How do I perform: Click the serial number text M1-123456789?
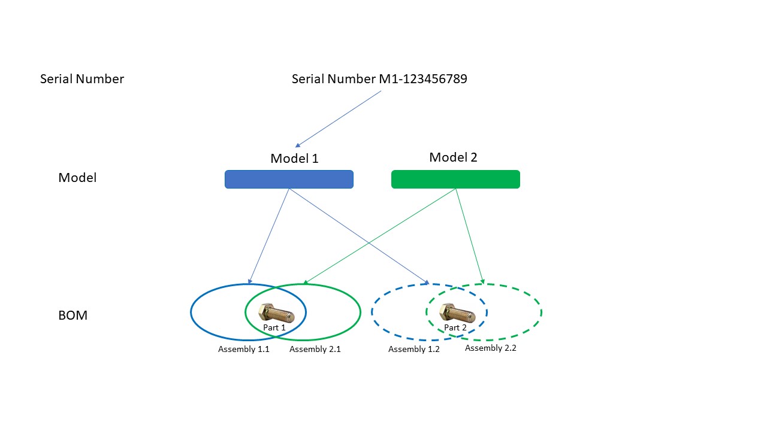[379, 79]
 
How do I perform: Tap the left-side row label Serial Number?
[82, 79]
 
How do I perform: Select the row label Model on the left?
[77, 178]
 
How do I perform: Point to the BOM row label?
[73, 315]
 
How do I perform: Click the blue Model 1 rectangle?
[289, 180]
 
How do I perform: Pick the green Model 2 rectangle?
[455, 180]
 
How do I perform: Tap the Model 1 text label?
[294, 159]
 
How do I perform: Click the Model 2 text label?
[453, 157]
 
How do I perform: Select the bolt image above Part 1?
[276, 313]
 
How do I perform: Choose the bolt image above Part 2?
[457, 313]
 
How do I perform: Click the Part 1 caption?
[274, 328]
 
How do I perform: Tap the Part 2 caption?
[455, 328]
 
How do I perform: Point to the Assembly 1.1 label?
[243, 349]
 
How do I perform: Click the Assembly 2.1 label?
[315, 349]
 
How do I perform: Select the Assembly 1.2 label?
[414, 349]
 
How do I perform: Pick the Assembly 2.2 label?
[491, 348]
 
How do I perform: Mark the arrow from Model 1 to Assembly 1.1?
[269, 235]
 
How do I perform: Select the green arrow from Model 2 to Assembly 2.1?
[380, 236]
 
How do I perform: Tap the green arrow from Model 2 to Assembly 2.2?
[469, 235]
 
